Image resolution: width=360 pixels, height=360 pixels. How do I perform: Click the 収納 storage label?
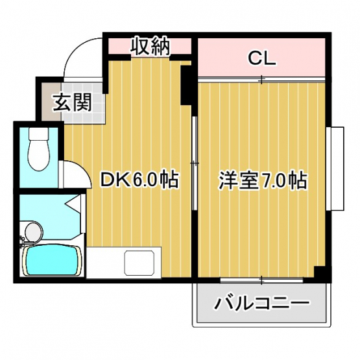[150, 47]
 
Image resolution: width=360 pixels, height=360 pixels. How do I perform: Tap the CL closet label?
[261, 59]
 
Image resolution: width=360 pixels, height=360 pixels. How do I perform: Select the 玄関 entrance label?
[72, 102]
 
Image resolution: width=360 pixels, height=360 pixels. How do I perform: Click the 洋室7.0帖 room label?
[263, 180]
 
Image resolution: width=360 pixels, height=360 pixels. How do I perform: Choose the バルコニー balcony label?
[261, 303]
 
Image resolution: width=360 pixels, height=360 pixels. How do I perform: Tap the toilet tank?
[39, 134]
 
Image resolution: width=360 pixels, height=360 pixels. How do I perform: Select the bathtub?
[52, 261]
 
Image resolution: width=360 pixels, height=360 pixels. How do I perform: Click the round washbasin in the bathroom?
[34, 232]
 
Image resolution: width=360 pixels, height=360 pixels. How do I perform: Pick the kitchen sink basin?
[139, 263]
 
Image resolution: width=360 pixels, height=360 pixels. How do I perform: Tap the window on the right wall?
[335, 169]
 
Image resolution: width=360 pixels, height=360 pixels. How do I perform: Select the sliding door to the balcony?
[262, 280]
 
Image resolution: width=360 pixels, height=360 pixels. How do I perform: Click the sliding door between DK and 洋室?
[195, 163]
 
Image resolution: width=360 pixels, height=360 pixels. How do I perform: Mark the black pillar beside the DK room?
[186, 85]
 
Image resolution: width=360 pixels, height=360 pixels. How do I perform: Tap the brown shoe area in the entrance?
[51, 102]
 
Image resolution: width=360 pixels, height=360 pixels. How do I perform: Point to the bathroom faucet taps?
[23, 241]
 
